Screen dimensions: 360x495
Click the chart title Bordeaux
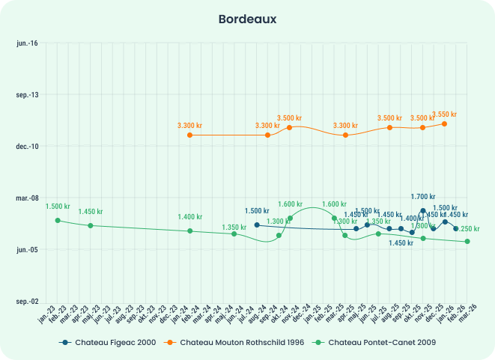click(x=247, y=19)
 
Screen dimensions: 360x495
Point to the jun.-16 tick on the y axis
click(x=27, y=43)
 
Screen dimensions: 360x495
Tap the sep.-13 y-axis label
click(x=27, y=95)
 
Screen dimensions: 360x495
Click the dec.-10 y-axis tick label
click(x=27, y=146)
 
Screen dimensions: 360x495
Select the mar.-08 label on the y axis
click(x=27, y=198)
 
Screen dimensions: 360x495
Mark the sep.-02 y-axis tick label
click(x=27, y=301)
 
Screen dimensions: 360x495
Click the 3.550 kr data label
click(x=444, y=115)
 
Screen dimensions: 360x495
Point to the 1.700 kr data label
click(x=423, y=197)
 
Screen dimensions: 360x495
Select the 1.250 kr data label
click(x=467, y=229)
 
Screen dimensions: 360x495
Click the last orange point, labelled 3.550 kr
click(x=445, y=123)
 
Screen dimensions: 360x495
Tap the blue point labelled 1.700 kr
click(x=423, y=211)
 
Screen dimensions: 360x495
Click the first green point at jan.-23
click(x=57, y=220)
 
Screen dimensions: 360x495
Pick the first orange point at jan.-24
click(x=189, y=135)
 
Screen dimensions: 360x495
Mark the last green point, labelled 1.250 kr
click(x=467, y=241)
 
